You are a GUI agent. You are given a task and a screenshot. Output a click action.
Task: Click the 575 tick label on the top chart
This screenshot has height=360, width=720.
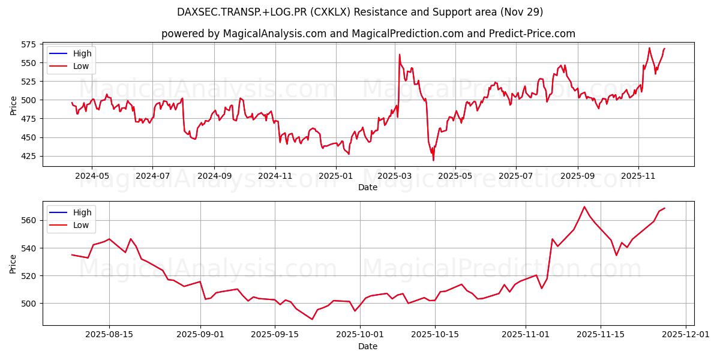[29, 44]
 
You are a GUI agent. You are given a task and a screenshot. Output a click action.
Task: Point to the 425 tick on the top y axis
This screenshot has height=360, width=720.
[29, 156]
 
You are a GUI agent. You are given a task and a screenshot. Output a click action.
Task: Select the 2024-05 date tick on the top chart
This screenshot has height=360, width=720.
[92, 176]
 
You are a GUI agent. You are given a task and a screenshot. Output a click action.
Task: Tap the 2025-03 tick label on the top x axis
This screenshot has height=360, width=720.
[395, 176]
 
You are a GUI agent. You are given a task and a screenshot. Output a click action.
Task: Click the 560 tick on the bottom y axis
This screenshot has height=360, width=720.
[29, 220]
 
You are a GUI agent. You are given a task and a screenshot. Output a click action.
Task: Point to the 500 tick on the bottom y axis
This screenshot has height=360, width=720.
[29, 304]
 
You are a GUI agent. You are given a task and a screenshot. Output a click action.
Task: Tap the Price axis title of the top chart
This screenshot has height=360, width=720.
[14, 106]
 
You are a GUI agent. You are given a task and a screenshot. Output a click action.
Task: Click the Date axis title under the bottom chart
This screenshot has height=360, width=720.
[368, 346]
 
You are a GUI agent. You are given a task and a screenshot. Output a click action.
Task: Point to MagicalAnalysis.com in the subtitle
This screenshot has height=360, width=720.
[268, 34]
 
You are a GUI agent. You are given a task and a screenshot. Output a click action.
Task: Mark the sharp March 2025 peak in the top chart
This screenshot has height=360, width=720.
[400, 55]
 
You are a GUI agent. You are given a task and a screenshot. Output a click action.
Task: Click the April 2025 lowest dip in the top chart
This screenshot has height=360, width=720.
[433, 160]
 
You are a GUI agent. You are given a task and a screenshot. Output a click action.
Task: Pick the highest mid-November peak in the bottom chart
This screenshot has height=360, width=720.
[584, 207]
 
